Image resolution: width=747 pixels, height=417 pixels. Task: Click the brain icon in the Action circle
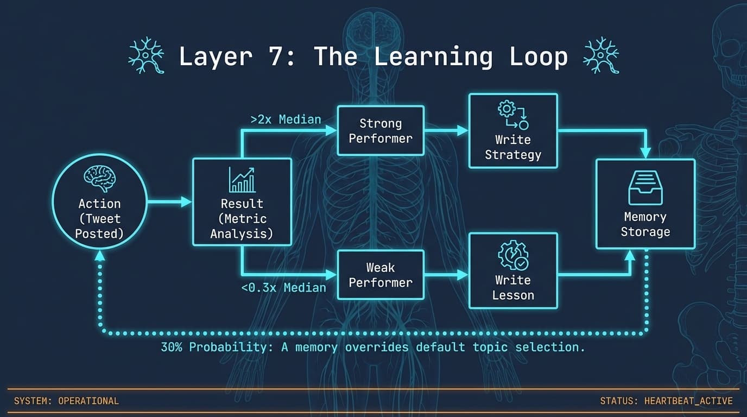pyautogui.click(x=99, y=179)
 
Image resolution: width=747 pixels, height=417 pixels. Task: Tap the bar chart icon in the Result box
pyautogui.click(x=242, y=180)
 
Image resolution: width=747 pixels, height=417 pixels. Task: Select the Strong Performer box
pyautogui.click(x=380, y=131)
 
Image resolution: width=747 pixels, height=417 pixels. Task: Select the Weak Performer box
pyautogui.click(x=380, y=275)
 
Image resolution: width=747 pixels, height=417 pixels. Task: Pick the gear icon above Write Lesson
pyautogui.click(x=512, y=256)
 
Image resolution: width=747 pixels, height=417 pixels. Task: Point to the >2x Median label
pyautogui.click(x=286, y=119)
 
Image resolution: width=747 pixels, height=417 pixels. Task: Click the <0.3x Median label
pyautogui.click(x=283, y=287)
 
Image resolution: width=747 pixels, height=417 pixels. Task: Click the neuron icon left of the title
pyautogui.click(x=146, y=56)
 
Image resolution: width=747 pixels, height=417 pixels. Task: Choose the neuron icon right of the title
pyautogui.click(x=600, y=56)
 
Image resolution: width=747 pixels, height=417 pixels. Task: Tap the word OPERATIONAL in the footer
pyautogui.click(x=88, y=401)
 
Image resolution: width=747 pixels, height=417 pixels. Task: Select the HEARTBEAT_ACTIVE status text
pyautogui.click(x=688, y=401)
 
